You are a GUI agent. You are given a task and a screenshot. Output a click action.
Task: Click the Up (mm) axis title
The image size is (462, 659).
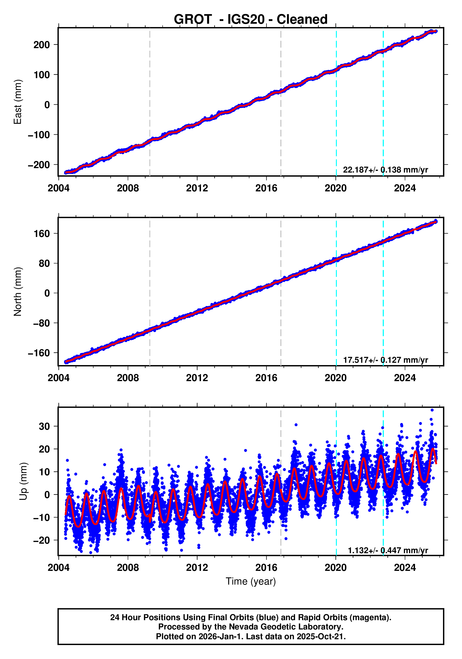tap(23, 481)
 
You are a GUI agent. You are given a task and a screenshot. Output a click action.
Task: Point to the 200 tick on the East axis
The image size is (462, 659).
tap(42, 45)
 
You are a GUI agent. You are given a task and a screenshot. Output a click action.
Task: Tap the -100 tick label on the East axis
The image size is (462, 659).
tap(39, 135)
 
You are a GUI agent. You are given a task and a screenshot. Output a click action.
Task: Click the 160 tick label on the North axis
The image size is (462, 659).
tap(42, 234)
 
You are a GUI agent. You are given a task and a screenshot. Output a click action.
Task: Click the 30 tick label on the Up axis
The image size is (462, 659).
tap(44, 426)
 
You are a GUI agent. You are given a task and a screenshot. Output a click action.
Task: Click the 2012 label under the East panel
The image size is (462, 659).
tap(197, 188)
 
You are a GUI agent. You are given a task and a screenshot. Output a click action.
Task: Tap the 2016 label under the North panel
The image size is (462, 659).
tap(266, 378)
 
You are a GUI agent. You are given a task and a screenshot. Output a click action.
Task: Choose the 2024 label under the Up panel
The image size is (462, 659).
tap(405, 567)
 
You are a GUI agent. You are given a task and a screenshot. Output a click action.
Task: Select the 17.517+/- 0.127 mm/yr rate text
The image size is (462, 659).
tap(385, 360)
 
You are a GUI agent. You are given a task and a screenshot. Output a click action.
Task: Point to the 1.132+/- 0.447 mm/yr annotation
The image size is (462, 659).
tap(388, 550)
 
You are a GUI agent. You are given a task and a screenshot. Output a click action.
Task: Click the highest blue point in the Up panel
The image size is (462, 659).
tap(432, 410)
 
